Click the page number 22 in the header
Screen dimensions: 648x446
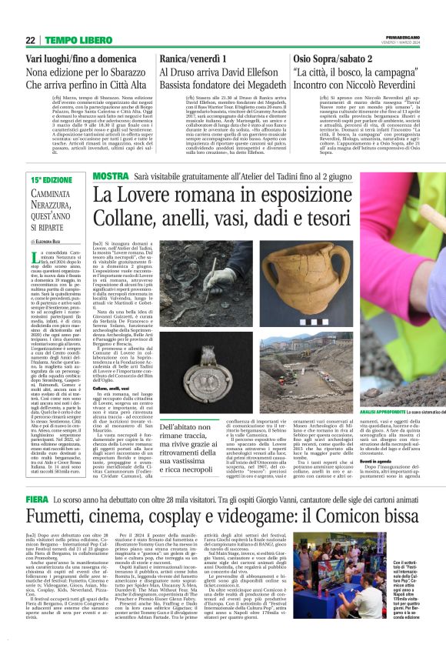click(x=30, y=40)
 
